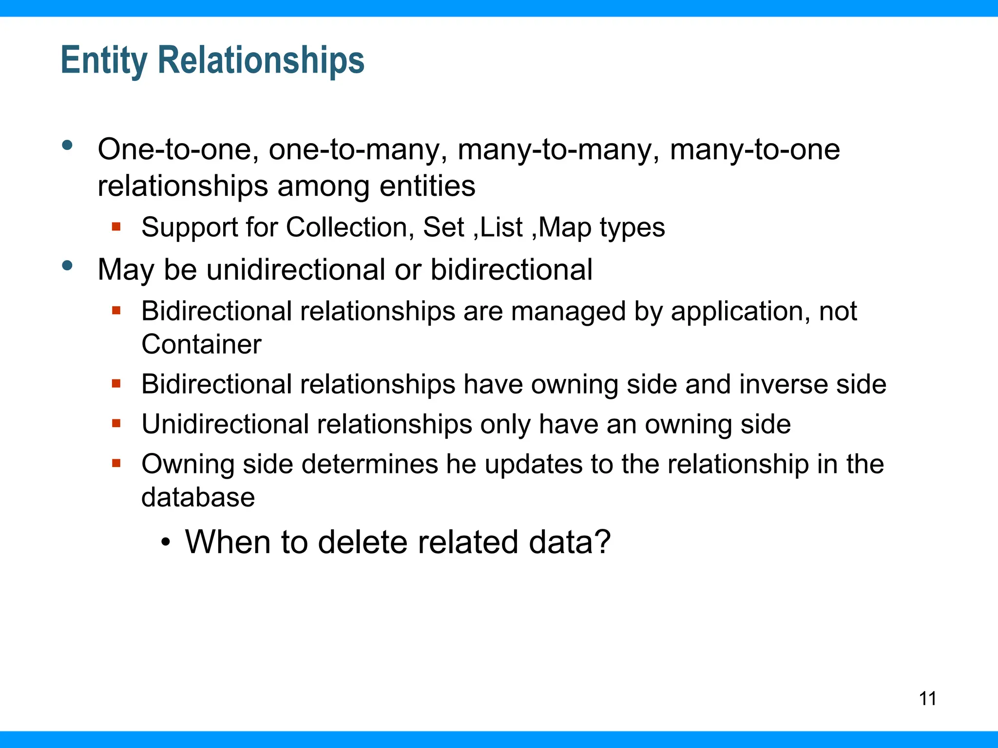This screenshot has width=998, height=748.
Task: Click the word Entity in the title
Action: click(103, 60)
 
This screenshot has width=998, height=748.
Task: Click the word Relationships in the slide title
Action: click(261, 60)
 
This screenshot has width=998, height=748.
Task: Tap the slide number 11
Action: click(927, 698)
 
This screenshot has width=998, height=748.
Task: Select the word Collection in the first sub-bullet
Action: click(350, 227)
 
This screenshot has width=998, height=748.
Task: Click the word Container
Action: click(201, 344)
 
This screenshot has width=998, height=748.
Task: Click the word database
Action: click(198, 497)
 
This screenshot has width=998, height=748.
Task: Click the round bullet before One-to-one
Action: click(67, 145)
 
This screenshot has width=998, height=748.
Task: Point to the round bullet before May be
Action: click(67, 266)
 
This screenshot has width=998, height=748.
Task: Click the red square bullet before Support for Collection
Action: click(116, 226)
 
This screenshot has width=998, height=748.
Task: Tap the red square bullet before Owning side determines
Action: click(116, 463)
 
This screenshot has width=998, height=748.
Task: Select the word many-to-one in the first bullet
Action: click(754, 149)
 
